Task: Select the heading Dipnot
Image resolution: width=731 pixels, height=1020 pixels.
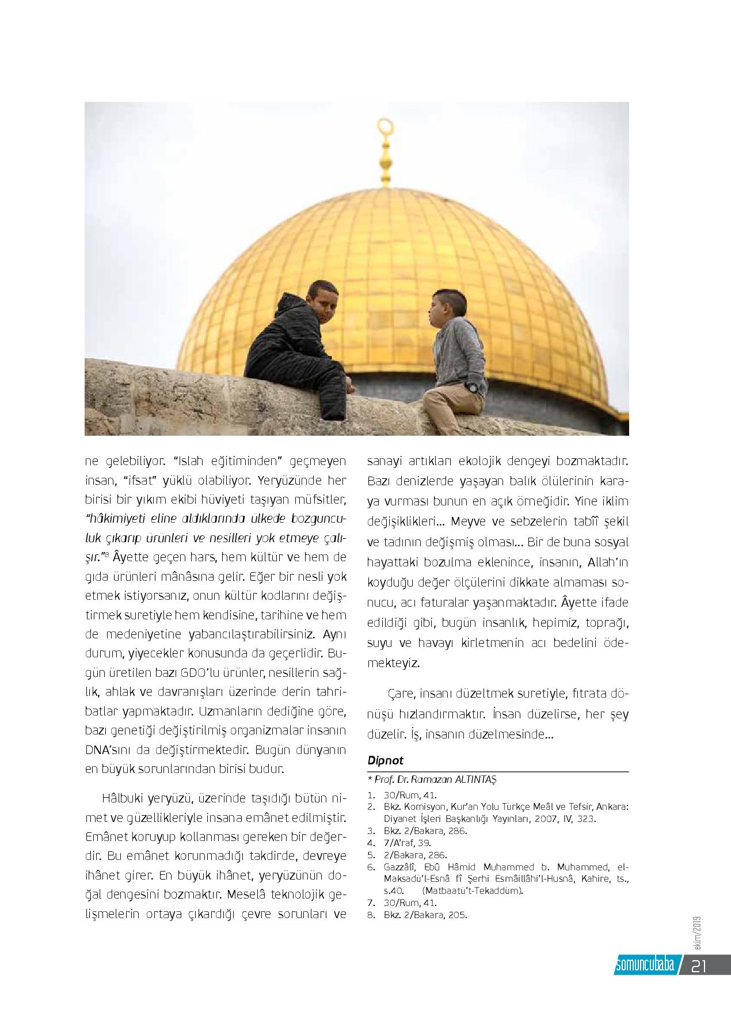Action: point(385,760)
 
